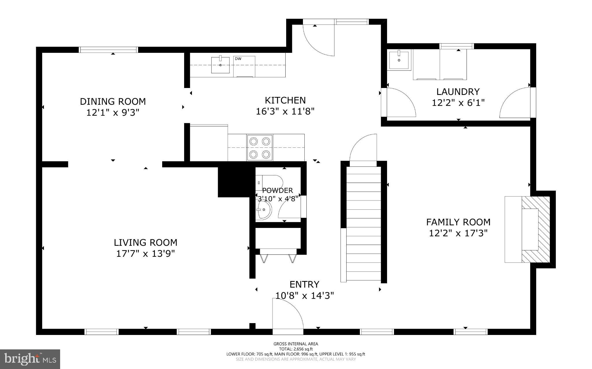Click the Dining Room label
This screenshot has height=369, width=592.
pyautogui.click(x=113, y=102)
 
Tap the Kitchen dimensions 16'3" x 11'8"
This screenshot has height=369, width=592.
pyautogui.click(x=285, y=111)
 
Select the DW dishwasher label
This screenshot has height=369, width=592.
pyautogui.click(x=238, y=59)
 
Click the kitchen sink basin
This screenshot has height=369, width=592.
pyautogui.click(x=220, y=65)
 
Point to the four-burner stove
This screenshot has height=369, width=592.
pyautogui.click(x=260, y=147)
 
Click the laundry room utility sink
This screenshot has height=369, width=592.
pyautogui.click(x=399, y=60)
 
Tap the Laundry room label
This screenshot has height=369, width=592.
pyautogui.click(x=458, y=92)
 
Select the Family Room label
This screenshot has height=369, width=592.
pyautogui.click(x=458, y=222)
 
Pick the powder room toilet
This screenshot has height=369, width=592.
pyautogui.click(x=269, y=183)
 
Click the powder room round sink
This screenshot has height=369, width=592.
pyautogui.click(x=264, y=209)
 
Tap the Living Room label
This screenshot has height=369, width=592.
pyautogui.click(x=145, y=242)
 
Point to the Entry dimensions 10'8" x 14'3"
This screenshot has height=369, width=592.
pyautogui.click(x=305, y=295)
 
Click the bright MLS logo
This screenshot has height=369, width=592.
pyautogui.click(x=30, y=359)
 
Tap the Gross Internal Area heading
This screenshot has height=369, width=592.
pyautogui.click(x=296, y=344)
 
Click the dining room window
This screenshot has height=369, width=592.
pyautogui.click(x=108, y=50)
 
